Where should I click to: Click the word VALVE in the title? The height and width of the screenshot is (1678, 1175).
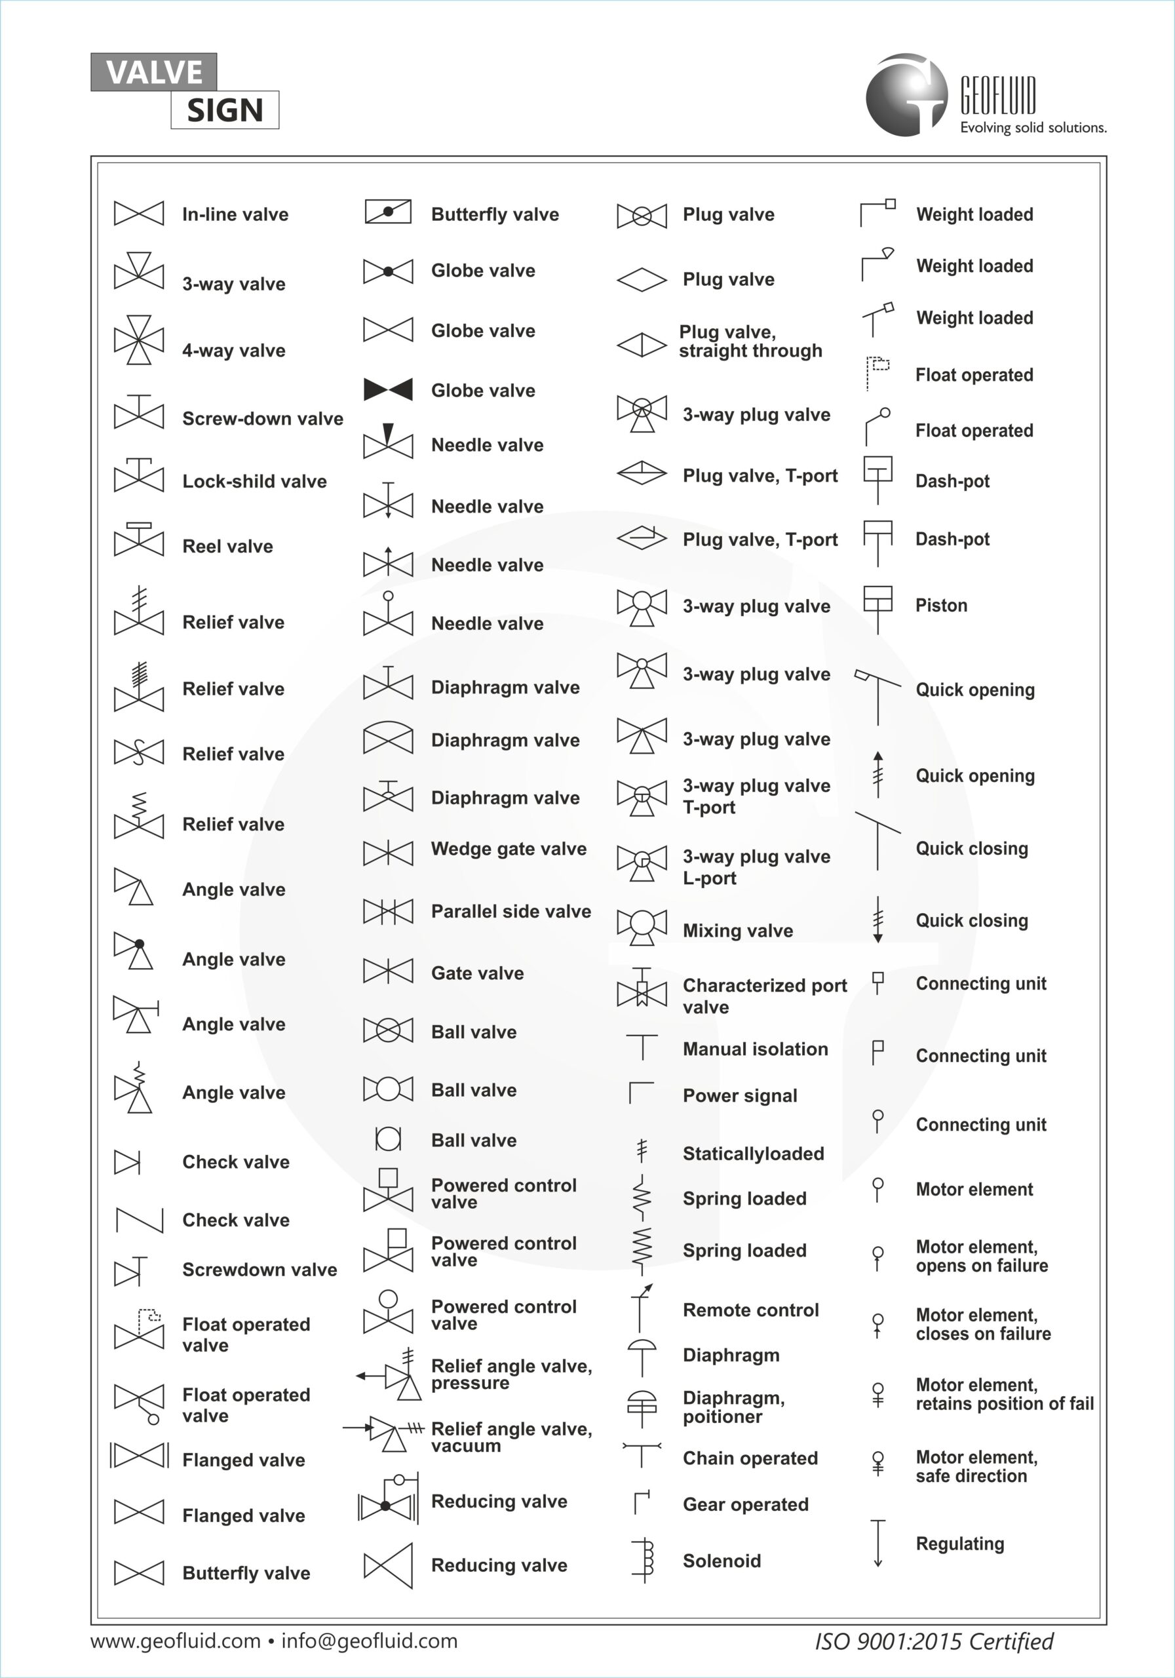point(153,72)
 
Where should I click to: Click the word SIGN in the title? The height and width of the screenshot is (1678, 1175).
point(225,110)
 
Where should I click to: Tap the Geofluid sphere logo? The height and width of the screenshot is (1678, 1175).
point(906,95)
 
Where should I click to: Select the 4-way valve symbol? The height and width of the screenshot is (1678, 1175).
point(139,340)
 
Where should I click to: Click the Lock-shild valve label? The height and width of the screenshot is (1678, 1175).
point(254,482)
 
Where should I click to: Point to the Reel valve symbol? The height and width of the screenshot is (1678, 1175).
point(139,540)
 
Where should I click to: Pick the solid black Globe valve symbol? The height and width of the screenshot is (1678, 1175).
point(388,389)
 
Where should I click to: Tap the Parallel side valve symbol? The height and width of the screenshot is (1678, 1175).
point(388,911)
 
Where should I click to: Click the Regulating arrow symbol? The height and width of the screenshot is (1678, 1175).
point(877,1543)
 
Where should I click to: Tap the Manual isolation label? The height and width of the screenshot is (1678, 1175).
point(756,1049)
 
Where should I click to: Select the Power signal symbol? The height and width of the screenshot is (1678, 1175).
point(641,1093)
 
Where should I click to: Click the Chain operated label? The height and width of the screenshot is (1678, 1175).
point(750,1458)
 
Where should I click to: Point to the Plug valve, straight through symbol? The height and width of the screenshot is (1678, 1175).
point(642,344)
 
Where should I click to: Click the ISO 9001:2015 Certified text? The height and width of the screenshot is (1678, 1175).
point(934,1641)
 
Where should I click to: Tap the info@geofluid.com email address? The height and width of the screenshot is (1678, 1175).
point(370,1641)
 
